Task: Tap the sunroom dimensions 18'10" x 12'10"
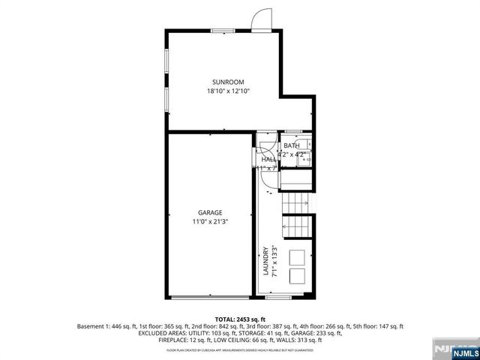click(x=228, y=91)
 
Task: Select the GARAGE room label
click(x=210, y=212)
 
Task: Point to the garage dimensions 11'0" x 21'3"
click(x=210, y=221)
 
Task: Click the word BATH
click(x=291, y=145)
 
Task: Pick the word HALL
click(x=268, y=160)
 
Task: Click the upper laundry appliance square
click(x=297, y=256)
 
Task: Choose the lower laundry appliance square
click(x=297, y=276)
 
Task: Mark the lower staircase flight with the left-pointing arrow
click(x=295, y=224)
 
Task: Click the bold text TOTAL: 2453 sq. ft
click(x=240, y=319)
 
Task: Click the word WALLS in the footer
click(x=277, y=342)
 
